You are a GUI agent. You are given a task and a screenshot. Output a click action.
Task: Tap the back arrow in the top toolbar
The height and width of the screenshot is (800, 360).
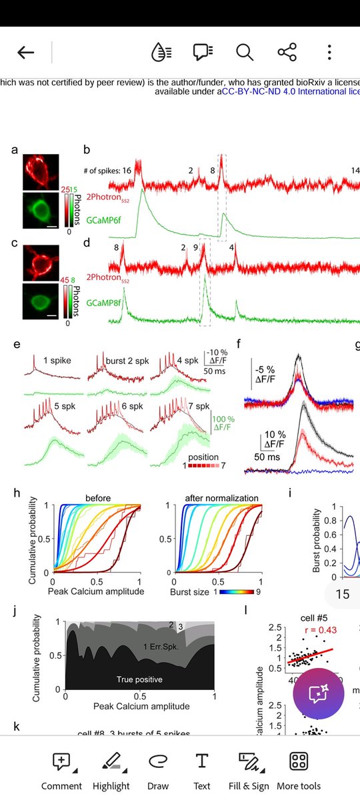click(x=26, y=53)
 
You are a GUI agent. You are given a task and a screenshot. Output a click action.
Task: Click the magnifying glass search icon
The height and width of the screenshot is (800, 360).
click(x=245, y=53)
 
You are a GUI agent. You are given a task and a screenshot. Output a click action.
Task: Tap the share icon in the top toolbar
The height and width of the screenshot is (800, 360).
click(x=287, y=53)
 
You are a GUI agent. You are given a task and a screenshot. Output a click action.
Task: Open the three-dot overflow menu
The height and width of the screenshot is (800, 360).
click(x=329, y=53)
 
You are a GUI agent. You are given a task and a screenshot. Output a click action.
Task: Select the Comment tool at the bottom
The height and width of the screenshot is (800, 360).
click(x=61, y=771)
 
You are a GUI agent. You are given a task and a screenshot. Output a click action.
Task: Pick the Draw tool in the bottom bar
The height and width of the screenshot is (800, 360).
click(x=157, y=771)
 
